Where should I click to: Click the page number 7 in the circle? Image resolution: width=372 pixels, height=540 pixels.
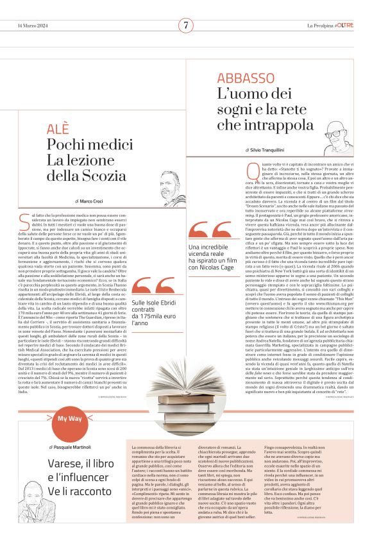[x=185, y=26]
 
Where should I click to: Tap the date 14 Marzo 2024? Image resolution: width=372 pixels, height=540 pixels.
[x=33, y=26]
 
